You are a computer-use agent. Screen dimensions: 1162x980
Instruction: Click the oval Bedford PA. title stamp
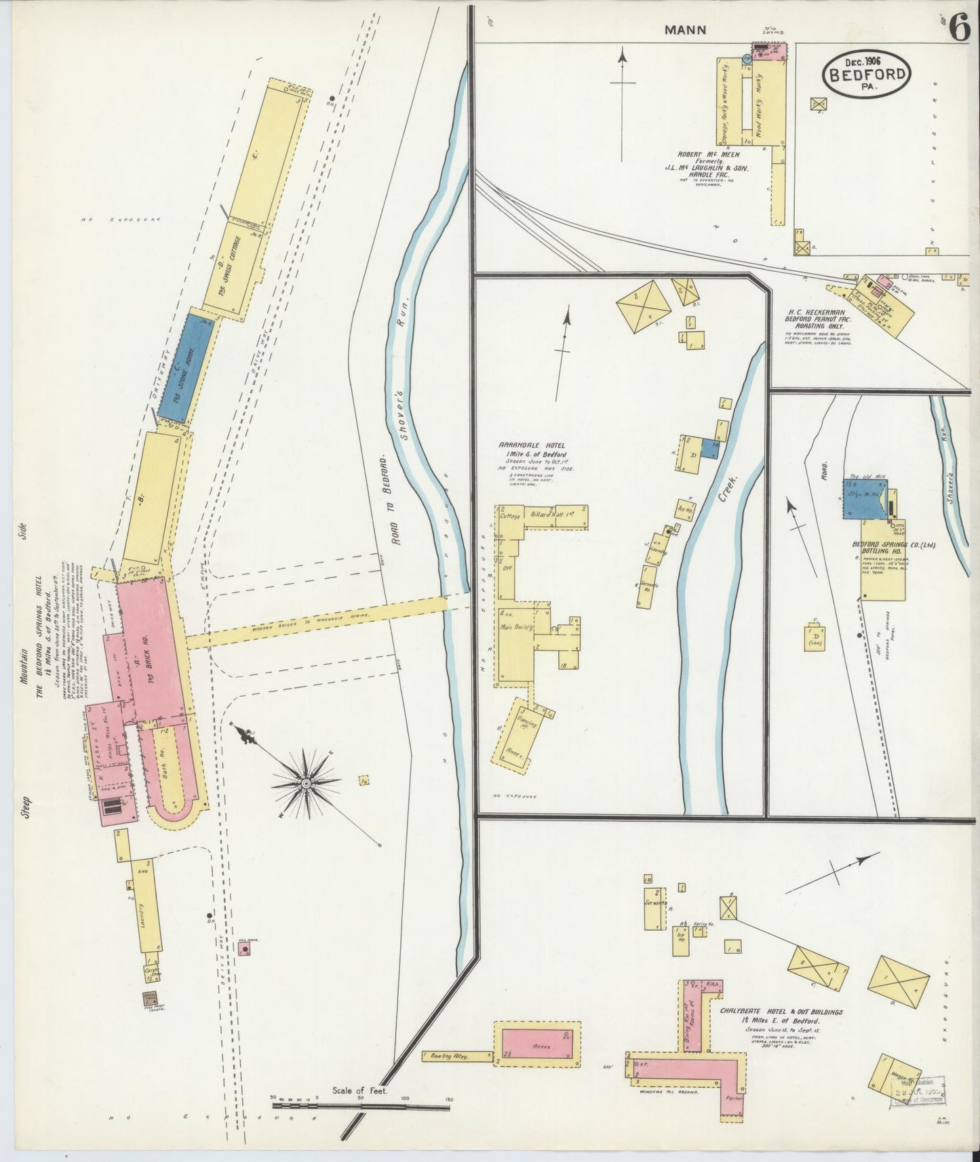point(866,74)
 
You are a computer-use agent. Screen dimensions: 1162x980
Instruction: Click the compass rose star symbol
point(306,783)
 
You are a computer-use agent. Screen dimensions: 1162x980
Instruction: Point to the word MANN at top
point(685,30)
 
